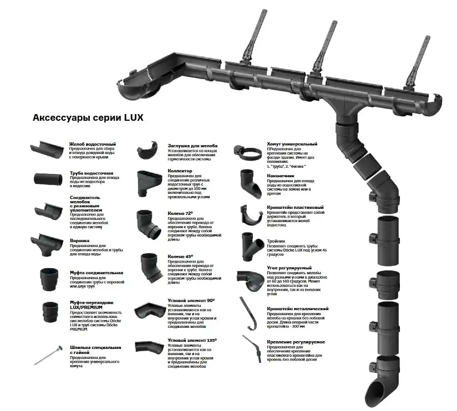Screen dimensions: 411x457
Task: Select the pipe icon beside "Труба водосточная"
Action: tap(49, 179)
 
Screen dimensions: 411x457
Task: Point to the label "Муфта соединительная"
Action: tap(97, 273)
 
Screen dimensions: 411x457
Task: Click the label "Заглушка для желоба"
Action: tap(192, 146)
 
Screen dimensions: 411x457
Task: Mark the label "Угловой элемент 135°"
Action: tap(192, 340)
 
